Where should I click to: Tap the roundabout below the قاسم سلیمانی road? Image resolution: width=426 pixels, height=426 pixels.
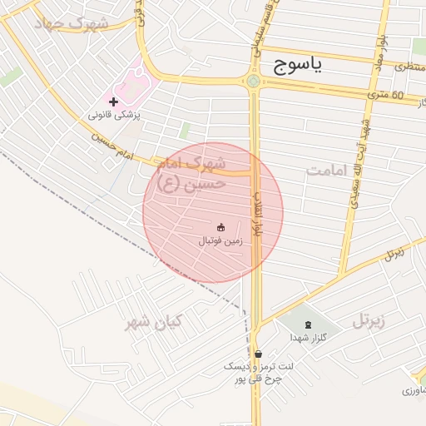coord(253,81)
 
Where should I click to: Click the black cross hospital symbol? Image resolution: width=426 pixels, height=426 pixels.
coord(114,101)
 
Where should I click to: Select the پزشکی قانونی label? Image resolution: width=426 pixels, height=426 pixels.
coord(117,116)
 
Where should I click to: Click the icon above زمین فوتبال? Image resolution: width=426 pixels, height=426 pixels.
coord(220,226)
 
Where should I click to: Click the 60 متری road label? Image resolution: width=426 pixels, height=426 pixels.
coord(386,95)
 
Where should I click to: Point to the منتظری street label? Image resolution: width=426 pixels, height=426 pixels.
coord(407,65)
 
